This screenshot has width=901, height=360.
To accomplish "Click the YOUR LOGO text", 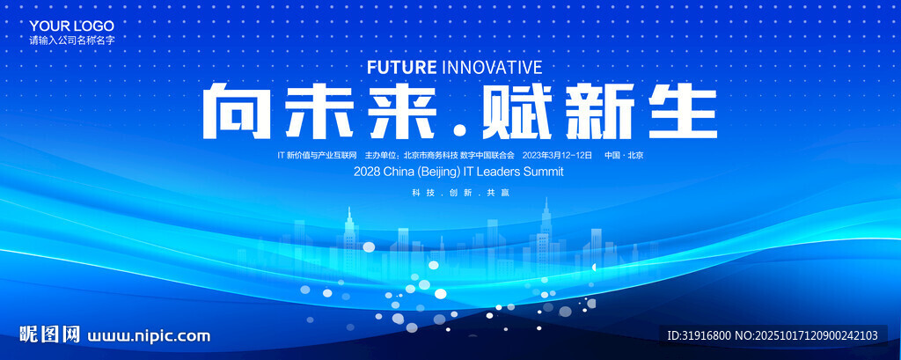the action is point(72,26).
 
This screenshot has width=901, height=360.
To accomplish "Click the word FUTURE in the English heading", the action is point(401,67).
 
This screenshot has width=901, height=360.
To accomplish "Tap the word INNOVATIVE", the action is point(492,67).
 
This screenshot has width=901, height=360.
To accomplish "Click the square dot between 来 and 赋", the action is point(459,131).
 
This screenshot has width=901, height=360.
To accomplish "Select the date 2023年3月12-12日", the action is point(557,155).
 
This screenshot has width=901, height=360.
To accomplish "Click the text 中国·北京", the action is point(624,155).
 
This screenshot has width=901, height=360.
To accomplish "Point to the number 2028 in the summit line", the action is point(367,172).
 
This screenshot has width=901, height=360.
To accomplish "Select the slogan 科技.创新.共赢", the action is point(460,194).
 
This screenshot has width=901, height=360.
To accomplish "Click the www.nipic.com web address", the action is point(148,336).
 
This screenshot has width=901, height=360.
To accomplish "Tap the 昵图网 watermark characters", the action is point(49,334).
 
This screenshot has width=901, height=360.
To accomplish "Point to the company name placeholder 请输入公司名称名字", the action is point(72,40).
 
